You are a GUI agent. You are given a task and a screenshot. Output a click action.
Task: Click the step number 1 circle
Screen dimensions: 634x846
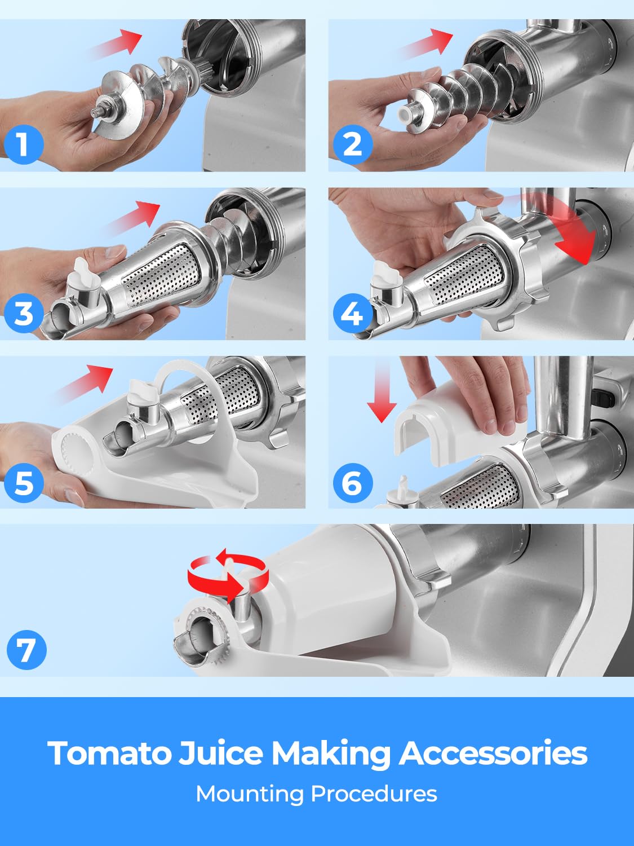point(24,145)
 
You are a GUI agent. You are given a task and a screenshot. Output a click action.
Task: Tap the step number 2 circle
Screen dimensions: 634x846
point(353,145)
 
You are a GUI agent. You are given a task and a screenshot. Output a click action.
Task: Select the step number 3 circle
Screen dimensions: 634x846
point(24,313)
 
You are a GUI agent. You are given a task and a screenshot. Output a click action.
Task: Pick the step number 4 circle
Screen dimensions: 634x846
point(353,313)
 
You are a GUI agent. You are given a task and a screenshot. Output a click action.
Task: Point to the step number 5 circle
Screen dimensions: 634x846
point(24,483)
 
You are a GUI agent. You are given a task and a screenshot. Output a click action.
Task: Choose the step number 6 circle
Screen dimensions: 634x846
point(353,483)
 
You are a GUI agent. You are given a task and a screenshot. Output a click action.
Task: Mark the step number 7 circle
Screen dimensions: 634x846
point(26,649)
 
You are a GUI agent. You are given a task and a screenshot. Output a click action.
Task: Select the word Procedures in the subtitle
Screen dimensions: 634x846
point(374,794)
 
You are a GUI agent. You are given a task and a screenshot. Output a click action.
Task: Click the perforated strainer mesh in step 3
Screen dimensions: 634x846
point(162,276)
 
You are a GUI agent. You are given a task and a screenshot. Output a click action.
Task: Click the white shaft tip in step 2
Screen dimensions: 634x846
point(404,114)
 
